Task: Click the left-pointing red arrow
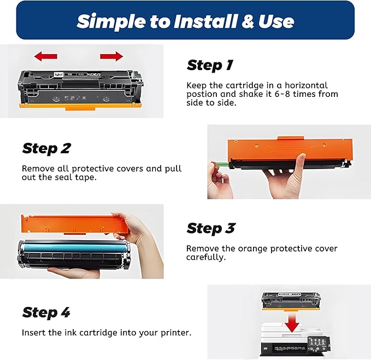click(46, 56)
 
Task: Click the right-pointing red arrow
click(111, 56)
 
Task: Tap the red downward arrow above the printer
click(292, 322)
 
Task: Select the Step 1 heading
click(210, 65)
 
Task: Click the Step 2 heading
click(46, 149)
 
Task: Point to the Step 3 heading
click(211, 229)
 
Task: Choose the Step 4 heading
click(46, 312)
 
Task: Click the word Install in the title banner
click(205, 21)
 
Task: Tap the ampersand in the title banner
click(248, 21)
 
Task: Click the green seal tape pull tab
click(222, 164)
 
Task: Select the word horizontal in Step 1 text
click(306, 85)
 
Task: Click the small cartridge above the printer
click(292, 301)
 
